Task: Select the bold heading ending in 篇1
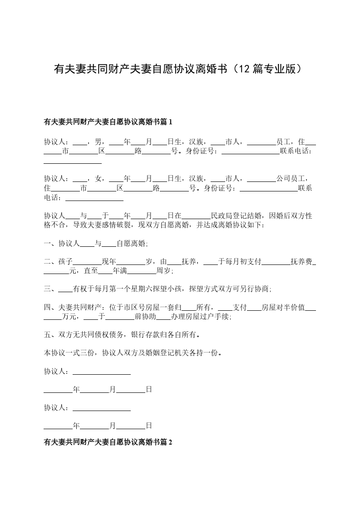[108, 122]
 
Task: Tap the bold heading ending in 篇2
[108, 441]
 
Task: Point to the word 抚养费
[301, 262]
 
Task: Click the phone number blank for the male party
[73, 160]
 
